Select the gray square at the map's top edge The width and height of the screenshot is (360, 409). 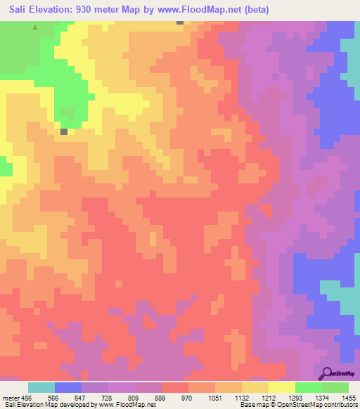point(180,22)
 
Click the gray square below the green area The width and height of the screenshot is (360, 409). point(64,131)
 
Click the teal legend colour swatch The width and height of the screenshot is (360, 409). point(41,387)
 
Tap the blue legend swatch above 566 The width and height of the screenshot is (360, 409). point(68,387)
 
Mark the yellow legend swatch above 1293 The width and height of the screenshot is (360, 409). point(281,387)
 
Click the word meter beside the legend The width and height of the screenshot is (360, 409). point(10,398)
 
